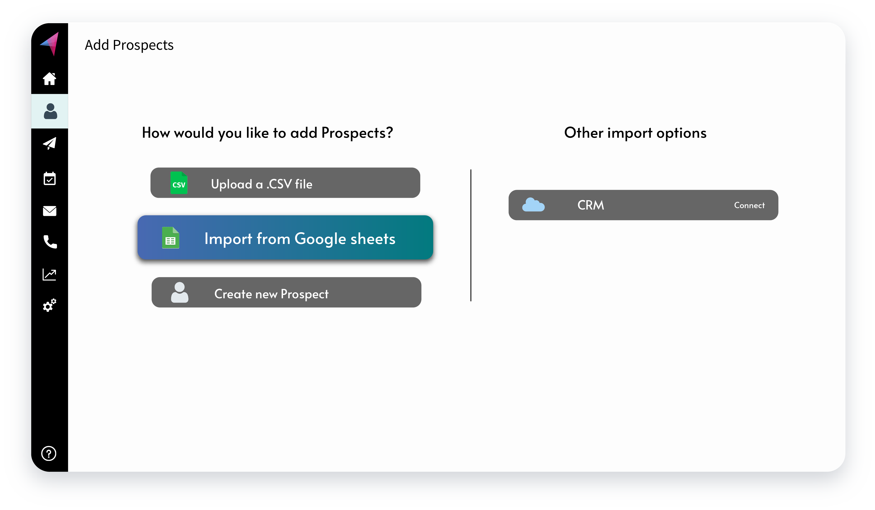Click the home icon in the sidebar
[x=49, y=79]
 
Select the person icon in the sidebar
[x=50, y=111]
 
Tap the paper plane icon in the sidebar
[x=50, y=143]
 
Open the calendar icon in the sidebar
[x=50, y=179]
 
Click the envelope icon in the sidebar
[x=50, y=211]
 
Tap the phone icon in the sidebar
[x=50, y=242]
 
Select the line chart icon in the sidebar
[x=49, y=274]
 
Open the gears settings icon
[x=49, y=305]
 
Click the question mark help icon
[x=49, y=453]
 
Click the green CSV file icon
[x=179, y=183]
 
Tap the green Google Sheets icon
[x=170, y=238]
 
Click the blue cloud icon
[x=533, y=205]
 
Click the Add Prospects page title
[x=129, y=45]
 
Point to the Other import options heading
[x=635, y=133]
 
